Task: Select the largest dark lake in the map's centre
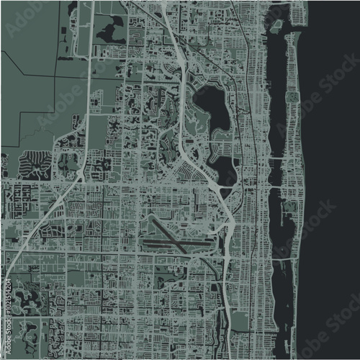tap(210, 104)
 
